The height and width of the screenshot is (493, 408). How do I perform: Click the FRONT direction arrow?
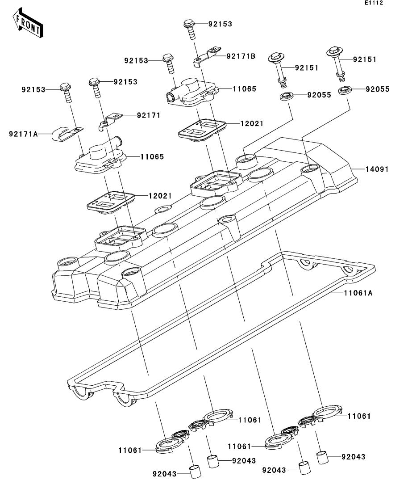28,23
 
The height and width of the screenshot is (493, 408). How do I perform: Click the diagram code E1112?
374,3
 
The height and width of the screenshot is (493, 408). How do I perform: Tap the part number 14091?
377,169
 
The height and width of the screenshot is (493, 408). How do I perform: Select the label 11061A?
358,293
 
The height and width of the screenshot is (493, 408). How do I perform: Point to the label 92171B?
241,56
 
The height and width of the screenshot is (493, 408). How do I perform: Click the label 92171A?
23,134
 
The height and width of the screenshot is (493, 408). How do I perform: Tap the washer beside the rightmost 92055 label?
345,89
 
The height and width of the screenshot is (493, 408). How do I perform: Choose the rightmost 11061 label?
359,416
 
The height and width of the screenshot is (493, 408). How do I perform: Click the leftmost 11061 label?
130,451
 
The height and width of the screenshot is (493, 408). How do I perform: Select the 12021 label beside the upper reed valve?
252,123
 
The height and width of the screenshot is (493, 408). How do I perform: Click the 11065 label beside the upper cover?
244,89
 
